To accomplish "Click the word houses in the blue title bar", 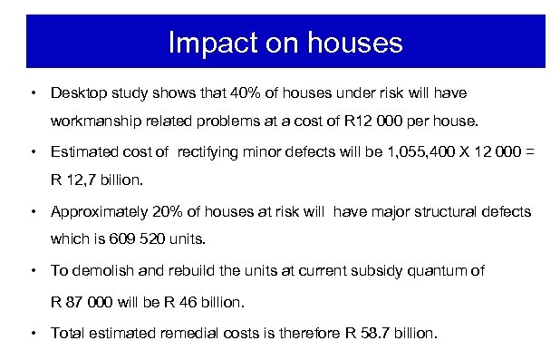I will [349, 43].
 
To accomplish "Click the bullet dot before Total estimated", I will [34, 333].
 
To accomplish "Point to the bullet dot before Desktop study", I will [34, 92].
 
